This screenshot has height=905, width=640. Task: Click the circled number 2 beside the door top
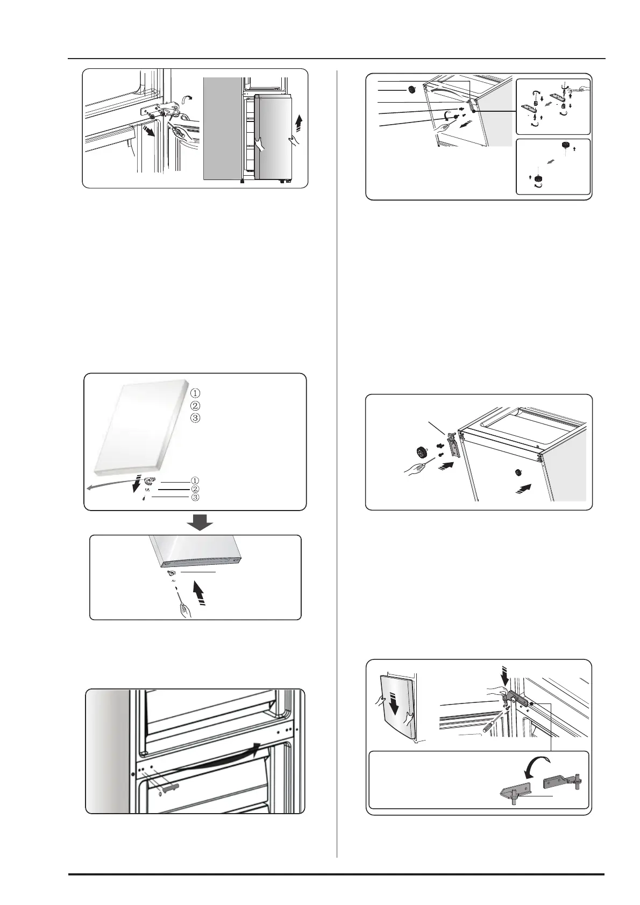click(195, 405)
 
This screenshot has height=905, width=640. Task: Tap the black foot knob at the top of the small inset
click(565, 145)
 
